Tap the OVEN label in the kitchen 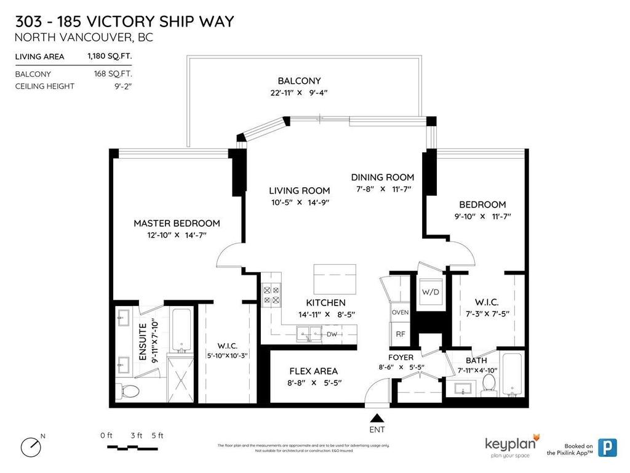[400, 312]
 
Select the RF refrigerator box [400, 334]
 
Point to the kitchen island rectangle [335, 280]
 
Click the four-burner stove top [271, 294]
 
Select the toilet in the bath [490, 382]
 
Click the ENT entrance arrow [377, 417]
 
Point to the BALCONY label [299, 81]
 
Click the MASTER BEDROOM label [177, 223]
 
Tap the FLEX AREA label [313, 371]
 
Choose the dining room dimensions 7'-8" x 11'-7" [382, 189]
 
